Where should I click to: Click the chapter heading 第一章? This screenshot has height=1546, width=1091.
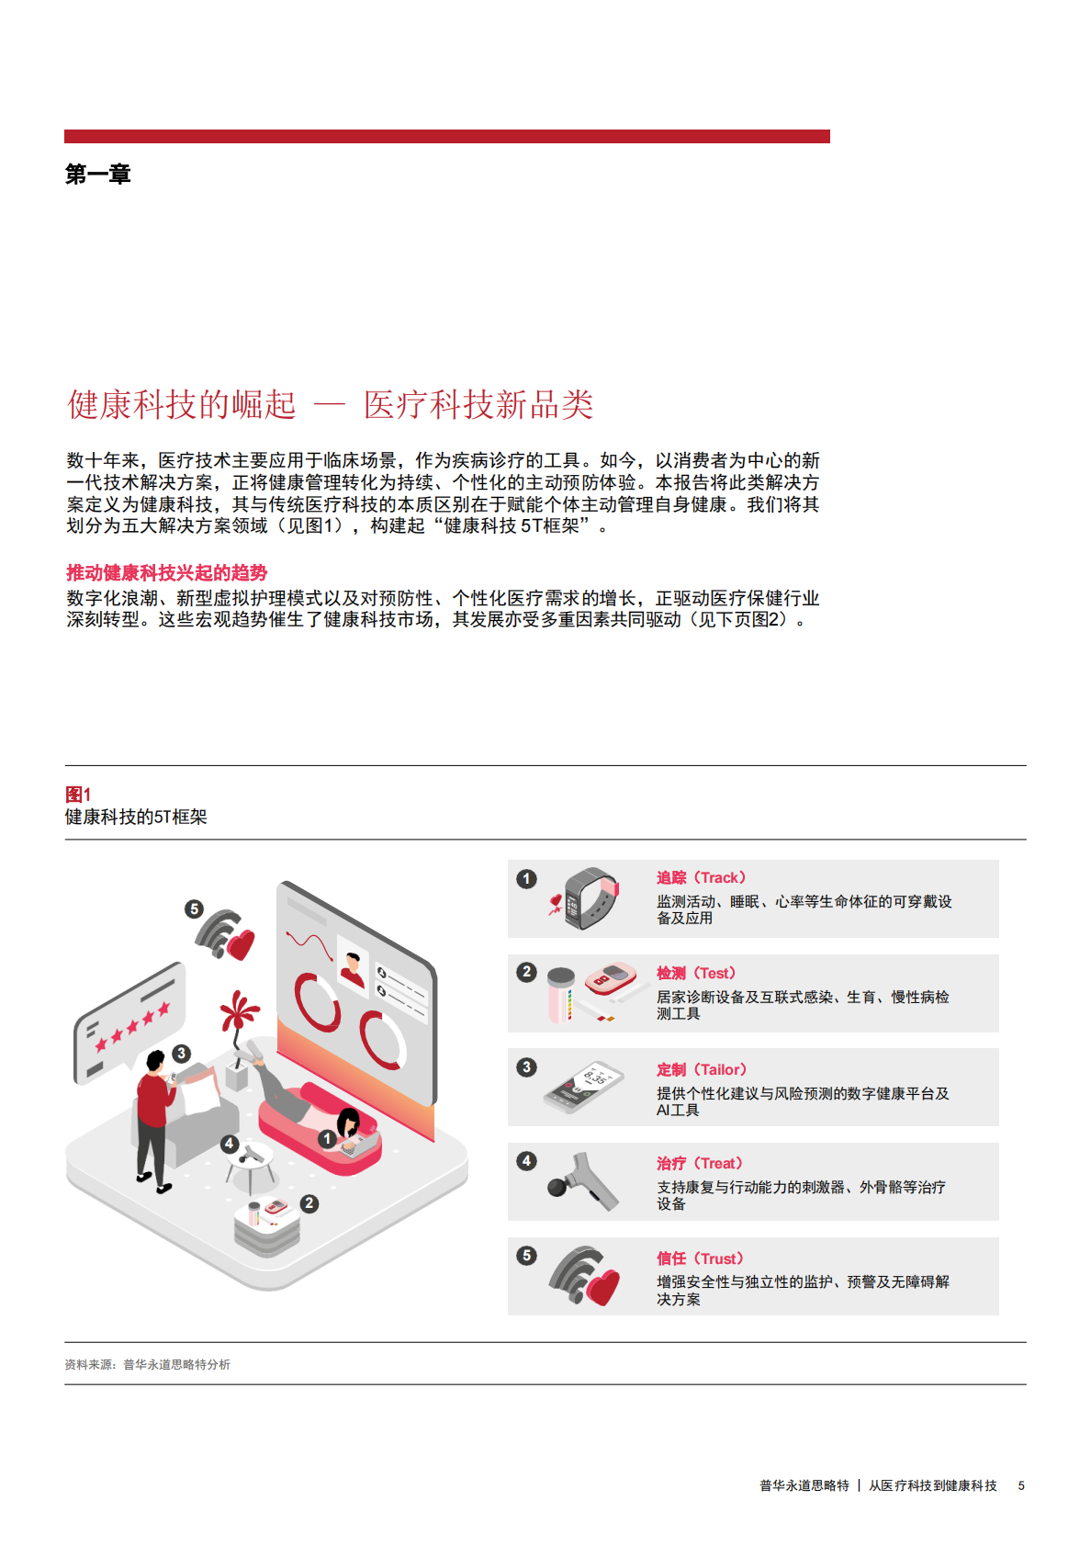point(97,175)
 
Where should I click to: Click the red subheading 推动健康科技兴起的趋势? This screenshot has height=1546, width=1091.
point(166,573)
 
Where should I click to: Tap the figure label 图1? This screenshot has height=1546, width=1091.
point(78,795)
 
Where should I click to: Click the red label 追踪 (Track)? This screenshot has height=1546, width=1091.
point(701,878)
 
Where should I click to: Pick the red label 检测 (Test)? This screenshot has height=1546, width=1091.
point(695,974)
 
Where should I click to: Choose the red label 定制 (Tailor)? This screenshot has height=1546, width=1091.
point(701,1070)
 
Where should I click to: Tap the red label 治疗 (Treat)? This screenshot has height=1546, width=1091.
point(699,1164)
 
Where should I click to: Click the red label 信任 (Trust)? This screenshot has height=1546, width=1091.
point(699,1258)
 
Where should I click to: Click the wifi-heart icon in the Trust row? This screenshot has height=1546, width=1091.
point(584,1277)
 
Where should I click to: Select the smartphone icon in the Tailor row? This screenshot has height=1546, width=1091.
point(579,1087)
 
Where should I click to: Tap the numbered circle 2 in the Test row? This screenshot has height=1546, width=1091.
point(526,972)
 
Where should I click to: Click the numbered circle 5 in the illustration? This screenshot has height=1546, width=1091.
point(194,909)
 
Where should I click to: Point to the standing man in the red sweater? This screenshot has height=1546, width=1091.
point(153,1121)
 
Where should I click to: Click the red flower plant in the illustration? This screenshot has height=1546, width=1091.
point(239,1015)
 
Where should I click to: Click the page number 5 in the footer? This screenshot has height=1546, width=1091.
point(1021,1485)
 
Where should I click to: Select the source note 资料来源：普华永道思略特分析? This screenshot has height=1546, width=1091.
point(147,1365)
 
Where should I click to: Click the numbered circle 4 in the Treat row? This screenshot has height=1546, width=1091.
point(526,1161)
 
